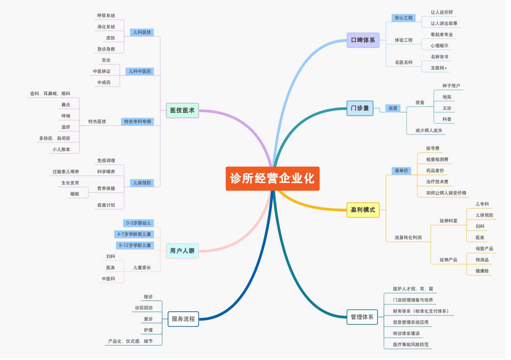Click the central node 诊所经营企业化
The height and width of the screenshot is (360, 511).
click(272, 179)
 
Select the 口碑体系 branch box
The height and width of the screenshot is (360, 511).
click(363, 40)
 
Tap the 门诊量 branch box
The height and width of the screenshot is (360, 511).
click(360, 108)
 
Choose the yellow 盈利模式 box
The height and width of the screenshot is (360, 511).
click(363, 210)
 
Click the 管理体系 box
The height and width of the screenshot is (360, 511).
click(362, 317)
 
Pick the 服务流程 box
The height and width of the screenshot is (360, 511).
click(183, 319)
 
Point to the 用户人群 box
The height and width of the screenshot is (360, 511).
click(182, 251)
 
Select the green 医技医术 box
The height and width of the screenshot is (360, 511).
click(182, 110)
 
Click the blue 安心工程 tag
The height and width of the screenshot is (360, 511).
click(404, 18)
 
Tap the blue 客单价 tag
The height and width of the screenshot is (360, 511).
click(401, 171)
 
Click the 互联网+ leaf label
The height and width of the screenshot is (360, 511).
click(438, 68)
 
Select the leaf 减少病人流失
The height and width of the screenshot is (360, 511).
click(429, 130)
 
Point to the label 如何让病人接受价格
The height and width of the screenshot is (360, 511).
click(446, 193)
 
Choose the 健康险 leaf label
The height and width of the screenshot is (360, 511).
click(482, 271)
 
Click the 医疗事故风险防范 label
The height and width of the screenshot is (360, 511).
click(410, 344)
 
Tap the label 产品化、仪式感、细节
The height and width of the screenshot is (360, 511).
click(130, 341)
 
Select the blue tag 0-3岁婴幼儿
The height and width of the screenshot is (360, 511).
click(138, 223)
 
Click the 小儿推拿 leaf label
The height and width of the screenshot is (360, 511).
click(61, 150)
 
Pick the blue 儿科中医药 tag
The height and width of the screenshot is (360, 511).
click(140, 71)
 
